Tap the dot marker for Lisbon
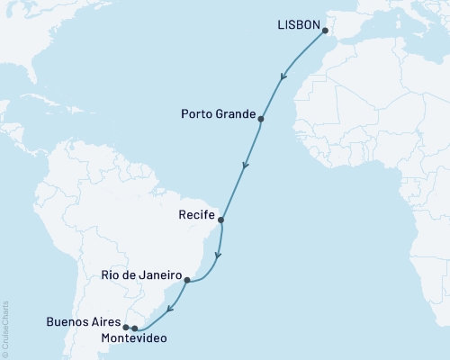325,30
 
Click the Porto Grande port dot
261,119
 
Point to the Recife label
197,216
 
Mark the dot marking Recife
221,220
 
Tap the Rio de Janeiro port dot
186,280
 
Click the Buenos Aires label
83,321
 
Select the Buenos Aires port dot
126,328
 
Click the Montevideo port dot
135,328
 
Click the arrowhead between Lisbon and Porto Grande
284,77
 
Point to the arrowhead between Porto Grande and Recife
245,165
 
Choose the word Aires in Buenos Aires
104,321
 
